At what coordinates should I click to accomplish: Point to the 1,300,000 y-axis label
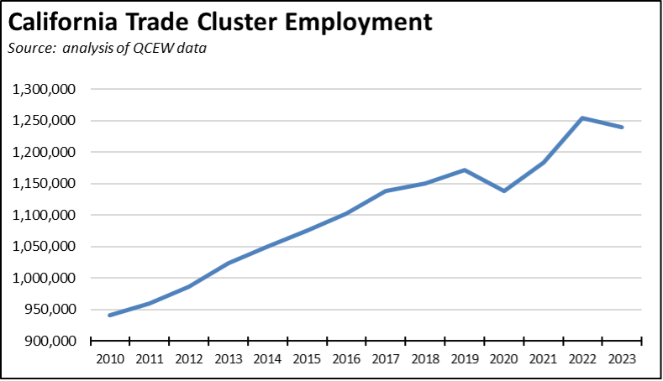[46, 89]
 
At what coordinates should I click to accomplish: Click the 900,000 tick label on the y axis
[52, 341]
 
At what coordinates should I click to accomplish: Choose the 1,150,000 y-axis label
[46, 184]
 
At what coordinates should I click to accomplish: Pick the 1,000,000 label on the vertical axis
[46, 278]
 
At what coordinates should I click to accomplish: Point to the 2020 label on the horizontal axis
[504, 358]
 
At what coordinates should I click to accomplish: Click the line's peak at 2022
[583, 118]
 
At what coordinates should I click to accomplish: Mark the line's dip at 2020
[504, 190]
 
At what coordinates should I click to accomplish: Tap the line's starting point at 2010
[109, 316]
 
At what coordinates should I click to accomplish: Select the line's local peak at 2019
[465, 170]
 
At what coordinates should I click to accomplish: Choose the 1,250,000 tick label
[46, 121]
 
